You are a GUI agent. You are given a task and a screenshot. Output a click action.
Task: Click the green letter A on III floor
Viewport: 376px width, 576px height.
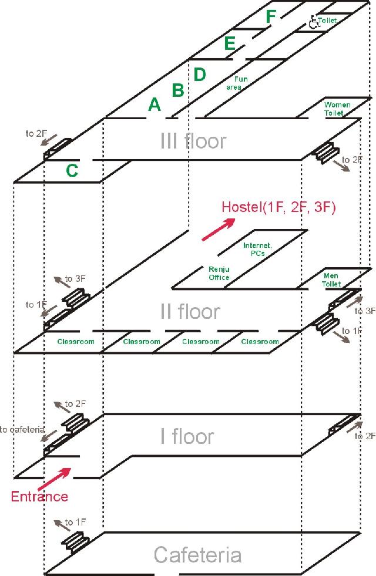(x=154, y=105)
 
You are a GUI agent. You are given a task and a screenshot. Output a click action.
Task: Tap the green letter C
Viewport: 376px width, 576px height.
(x=72, y=170)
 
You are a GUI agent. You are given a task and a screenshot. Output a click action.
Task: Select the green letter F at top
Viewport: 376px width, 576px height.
(x=270, y=17)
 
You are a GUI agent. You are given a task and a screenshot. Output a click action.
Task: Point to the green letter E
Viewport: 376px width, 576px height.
(x=230, y=43)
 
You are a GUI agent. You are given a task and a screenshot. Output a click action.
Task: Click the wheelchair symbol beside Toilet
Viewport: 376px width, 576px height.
(x=313, y=22)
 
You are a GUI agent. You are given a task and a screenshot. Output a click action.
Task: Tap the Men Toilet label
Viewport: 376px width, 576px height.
(x=331, y=280)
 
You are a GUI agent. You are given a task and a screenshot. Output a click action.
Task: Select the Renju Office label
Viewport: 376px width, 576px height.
(x=219, y=273)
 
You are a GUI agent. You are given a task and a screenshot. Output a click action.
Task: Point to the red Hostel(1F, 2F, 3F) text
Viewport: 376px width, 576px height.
(x=278, y=207)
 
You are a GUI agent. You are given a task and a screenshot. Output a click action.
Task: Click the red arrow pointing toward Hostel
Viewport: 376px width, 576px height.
(x=218, y=228)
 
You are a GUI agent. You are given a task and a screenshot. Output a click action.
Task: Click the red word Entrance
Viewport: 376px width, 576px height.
(x=39, y=497)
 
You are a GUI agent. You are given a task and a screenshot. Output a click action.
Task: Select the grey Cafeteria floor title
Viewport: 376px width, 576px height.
(x=197, y=555)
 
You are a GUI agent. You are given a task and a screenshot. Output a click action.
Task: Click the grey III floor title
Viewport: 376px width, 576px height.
(x=193, y=141)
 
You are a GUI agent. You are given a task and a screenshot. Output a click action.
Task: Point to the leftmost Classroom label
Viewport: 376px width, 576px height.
(x=76, y=342)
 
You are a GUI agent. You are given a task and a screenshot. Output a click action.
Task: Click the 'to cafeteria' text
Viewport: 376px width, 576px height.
(x=23, y=430)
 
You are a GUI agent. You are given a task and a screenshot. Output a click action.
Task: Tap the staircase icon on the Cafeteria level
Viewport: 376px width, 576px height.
(x=74, y=540)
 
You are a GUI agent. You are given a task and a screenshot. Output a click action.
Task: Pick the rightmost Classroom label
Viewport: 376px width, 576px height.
(x=260, y=342)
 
